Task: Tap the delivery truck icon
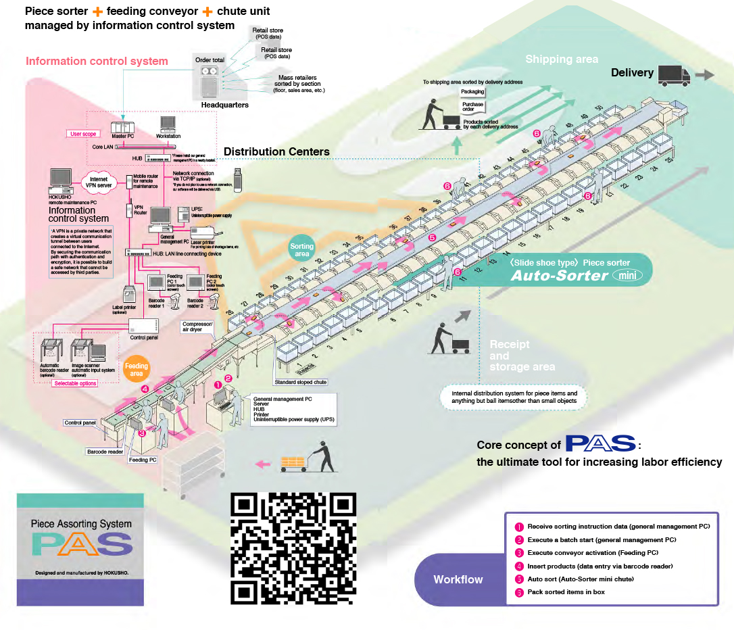[672, 74]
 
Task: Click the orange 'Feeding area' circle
[137, 369]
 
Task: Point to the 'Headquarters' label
[225, 105]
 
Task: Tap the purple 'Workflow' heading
[458, 579]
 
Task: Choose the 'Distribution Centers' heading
[276, 151]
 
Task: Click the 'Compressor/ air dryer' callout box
[197, 327]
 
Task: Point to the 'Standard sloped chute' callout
[301, 382]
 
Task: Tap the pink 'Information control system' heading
[97, 62]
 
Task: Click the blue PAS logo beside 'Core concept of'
[600, 444]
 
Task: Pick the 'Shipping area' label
[561, 59]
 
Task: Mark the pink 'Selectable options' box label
[74, 383]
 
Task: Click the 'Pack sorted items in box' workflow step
[566, 591]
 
